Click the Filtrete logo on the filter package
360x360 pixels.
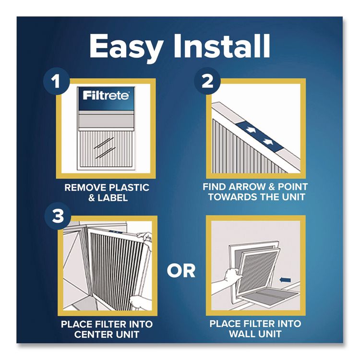tap(106, 96)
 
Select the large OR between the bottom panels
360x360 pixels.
tap(181, 270)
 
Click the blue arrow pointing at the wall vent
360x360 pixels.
tap(286, 277)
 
